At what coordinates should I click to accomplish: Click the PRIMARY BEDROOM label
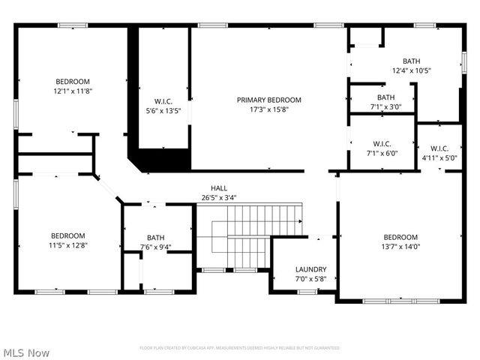pyautogui.click(x=268, y=100)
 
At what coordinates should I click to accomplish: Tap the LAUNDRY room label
pyautogui.click(x=310, y=269)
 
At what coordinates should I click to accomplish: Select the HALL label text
pyautogui.click(x=218, y=189)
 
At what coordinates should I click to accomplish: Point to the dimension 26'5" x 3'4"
pyautogui.click(x=218, y=198)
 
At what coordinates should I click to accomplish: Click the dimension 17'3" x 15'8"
pyautogui.click(x=268, y=109)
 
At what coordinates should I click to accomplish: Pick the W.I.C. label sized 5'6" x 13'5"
pyautogui.click(x=163, y=100)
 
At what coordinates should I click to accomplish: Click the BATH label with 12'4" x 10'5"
pyautogui.click(x=411, y=61)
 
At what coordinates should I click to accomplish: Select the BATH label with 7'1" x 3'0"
pyautogui.click(x=385, y=97)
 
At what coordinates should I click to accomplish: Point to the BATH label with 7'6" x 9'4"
pyautogui.click(x=155, y=238)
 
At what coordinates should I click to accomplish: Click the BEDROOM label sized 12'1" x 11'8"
pyautogui.click(x=72, y=82)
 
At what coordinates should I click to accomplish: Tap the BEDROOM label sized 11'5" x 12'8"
pyautogui.click(x=67, y=235)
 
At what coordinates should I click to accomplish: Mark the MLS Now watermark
pyautogui.click(x=27, y=352)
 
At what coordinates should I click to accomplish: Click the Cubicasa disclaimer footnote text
pyautogui.click(x=239, y=348)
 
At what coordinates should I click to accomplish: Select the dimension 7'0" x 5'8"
pyautogui.click(x=310, y=278)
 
